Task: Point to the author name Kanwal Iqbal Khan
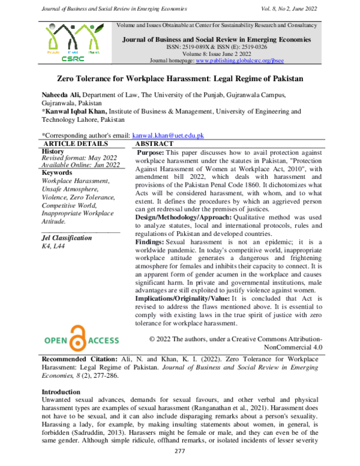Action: coord(75,111)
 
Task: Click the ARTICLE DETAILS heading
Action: coord(76,144)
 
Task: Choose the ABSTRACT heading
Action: coord(154,144)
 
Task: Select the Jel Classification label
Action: coord(66,238)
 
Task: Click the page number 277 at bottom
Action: coord(179,451)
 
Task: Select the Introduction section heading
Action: coord(62,392)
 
